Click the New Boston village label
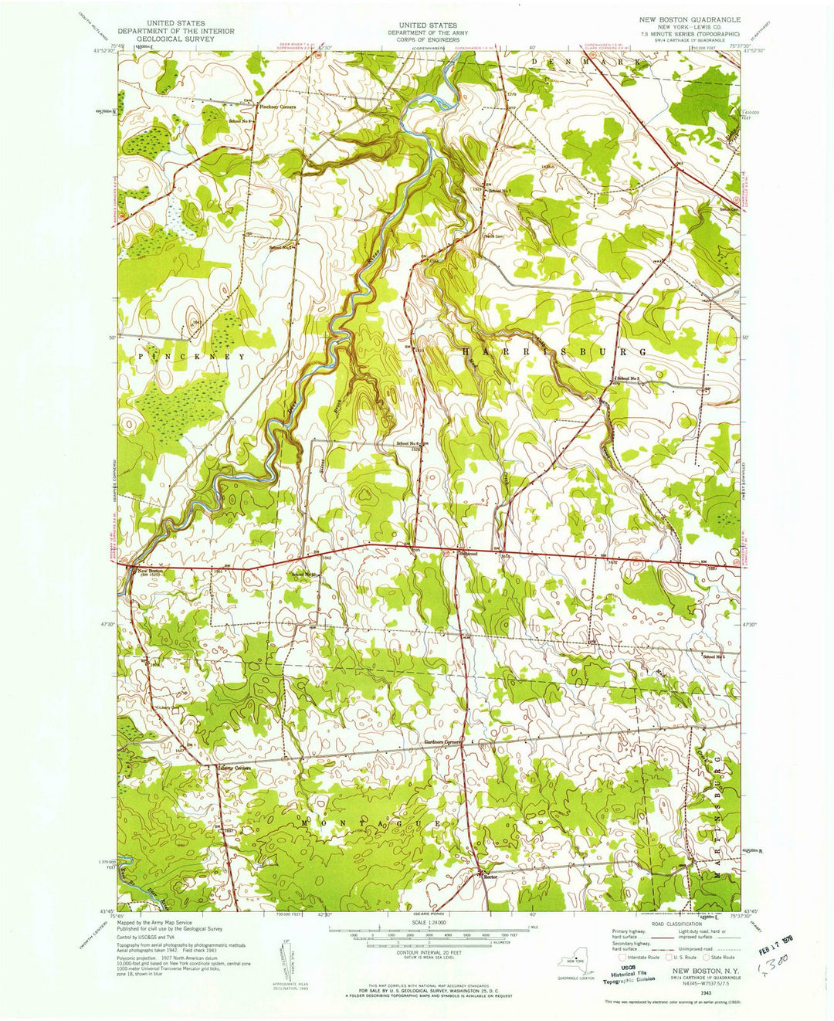pos(151,571)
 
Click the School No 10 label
pos(304,575)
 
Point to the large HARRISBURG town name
pos(553,351)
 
